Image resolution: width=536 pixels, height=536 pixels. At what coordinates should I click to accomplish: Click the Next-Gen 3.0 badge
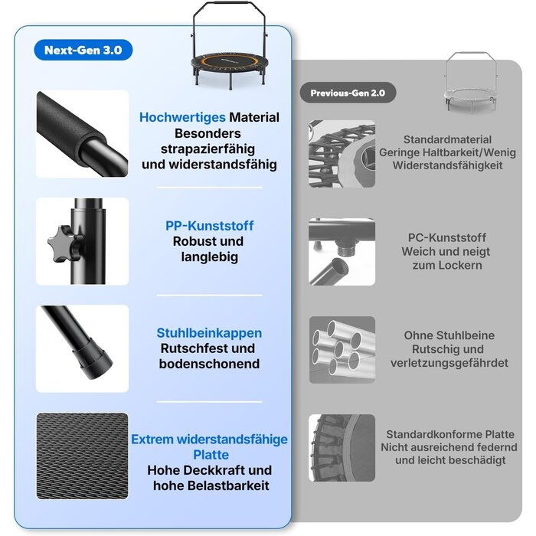tap(83, 50)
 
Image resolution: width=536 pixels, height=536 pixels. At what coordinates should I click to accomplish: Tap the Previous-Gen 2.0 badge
tap(348, 93)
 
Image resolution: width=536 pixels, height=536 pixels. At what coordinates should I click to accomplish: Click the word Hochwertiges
tap(182, 117)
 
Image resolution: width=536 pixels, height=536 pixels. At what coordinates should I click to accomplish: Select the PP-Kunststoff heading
tap(209, 226)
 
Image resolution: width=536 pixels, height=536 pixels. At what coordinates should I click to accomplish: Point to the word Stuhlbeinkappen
tap(209, 333)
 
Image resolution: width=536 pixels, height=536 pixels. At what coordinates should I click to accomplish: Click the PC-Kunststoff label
tap(446, 237)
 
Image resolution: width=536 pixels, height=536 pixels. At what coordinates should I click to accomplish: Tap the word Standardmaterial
tap(447, 139)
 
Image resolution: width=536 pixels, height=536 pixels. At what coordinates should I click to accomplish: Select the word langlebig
tap(209, 257)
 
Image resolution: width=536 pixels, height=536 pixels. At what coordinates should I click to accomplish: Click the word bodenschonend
tap(209, 364)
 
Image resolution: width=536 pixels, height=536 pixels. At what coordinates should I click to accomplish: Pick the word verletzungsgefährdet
tap(449, 363)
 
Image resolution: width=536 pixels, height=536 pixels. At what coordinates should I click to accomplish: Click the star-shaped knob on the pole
tap(64, 243)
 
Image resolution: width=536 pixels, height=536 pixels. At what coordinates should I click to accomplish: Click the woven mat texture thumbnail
tap(83, 456)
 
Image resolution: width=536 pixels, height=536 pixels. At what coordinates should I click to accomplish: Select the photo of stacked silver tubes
tap(342, 350)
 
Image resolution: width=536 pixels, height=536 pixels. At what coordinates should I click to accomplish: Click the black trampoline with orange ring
tap(230, 46)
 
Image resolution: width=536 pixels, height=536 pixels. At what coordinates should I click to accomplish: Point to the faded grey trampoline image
tap(471, 81)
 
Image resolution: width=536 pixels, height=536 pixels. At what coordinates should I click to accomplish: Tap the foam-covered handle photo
tap(83, 134)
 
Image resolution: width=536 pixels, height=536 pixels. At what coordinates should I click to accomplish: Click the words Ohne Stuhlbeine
tap(449, 335)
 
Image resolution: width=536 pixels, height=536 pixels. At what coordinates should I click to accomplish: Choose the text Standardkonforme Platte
tap(450, 434)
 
